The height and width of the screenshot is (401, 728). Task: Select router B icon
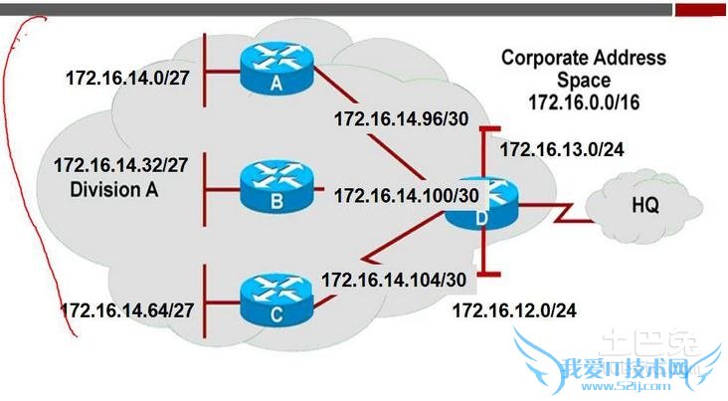click(275, 187)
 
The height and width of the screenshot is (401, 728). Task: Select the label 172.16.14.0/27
click(126, 77)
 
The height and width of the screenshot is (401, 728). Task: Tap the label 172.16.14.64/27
click(126, 308)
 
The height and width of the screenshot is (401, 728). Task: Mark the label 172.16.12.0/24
click(514, 311)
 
